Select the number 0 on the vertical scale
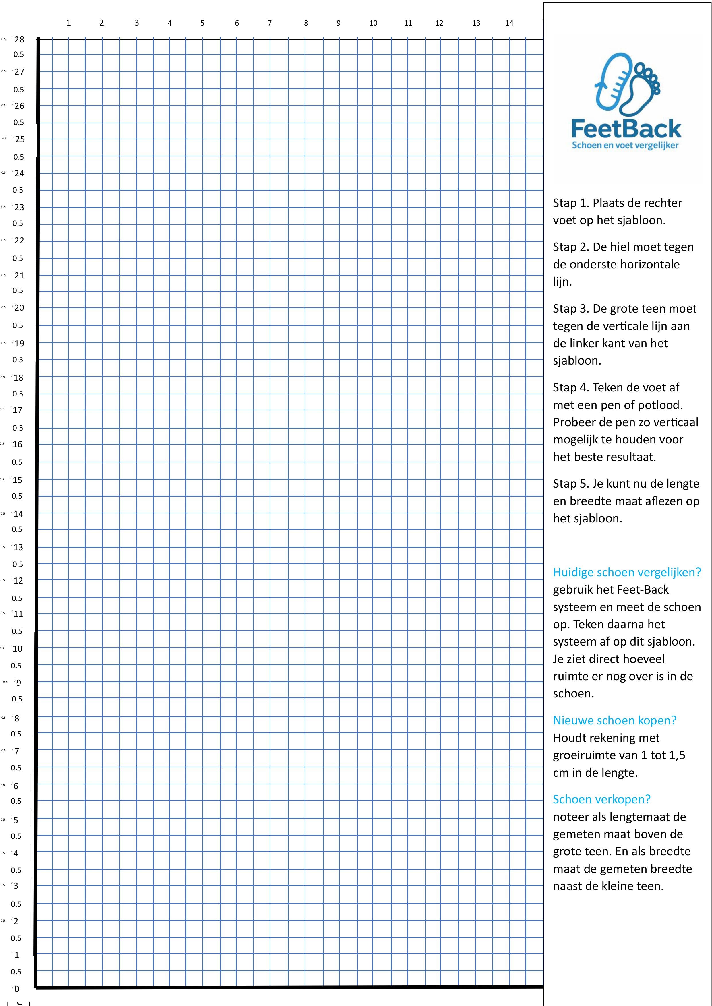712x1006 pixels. tap(17, 988)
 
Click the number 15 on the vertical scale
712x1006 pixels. tap(17, 480)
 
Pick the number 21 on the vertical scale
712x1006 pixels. tap(19, 275)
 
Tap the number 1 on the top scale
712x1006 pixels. tap(68, 23)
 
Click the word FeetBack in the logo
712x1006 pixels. tap(626, 129)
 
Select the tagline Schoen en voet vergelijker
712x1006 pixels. tap(625, 145)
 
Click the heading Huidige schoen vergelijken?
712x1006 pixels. tap(626, 572)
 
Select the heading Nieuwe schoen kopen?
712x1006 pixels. tap(614, 720)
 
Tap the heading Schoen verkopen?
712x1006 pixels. tap(601, 799)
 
